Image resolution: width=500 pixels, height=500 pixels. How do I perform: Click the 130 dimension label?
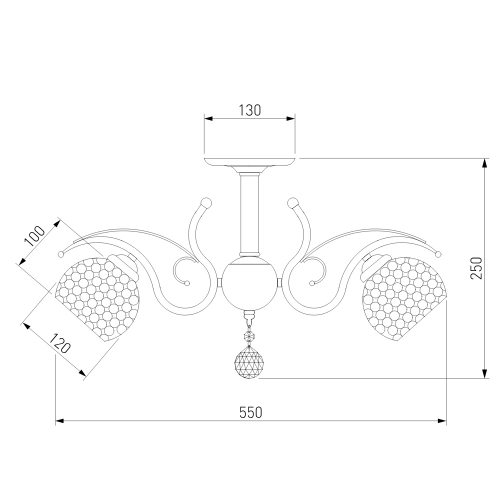250,110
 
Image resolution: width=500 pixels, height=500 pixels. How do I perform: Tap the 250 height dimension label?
477,268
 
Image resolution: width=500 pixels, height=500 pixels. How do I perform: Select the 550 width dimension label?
251,413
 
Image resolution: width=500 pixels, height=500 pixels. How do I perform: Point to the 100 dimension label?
35,236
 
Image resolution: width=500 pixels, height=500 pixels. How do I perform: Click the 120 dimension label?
60,343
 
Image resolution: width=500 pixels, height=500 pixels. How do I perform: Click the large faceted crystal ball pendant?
247,362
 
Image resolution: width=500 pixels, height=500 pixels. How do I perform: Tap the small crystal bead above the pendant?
249,337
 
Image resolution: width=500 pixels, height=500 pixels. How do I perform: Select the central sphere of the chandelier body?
249,283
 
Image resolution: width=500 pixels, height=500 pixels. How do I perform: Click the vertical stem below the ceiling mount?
249,215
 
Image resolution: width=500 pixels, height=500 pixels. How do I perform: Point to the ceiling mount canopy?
250,164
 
